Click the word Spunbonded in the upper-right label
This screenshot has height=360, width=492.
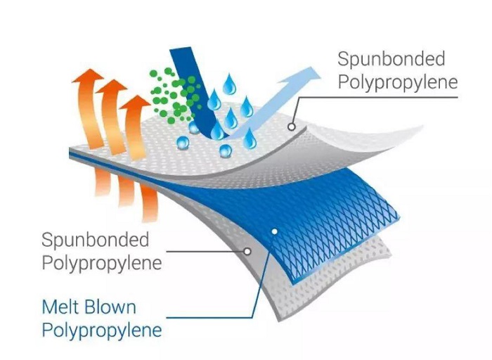click(x=391, y=59)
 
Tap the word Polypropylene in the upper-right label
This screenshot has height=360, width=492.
click(x=398, y=82)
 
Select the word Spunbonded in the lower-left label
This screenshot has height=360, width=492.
click(x=96, y=240)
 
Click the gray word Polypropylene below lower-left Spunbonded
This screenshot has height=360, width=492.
click(x=102, y=263)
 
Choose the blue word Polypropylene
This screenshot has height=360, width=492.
click(x=102, y=330)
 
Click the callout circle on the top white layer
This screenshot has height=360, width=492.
click(x=292, y=127)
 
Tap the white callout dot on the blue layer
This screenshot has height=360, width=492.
click(x=275, y=231)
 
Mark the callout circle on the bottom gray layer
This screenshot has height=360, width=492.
click(x=247, y=252)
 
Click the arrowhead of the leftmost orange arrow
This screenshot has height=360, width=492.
click(x=87, y=76)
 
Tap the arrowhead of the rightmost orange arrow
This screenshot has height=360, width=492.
click(x=135, y=103)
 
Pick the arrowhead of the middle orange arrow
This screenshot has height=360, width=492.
click(x=111, y=86)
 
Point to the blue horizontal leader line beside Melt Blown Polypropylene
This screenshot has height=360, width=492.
click(x=209, y=318)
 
